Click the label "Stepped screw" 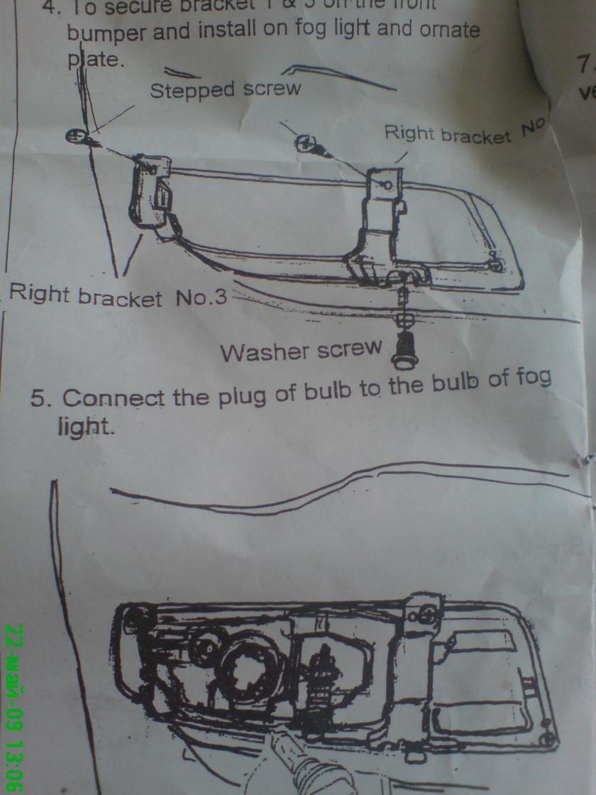tap(225, 89)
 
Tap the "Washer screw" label tap(301, 350)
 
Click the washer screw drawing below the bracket tap(404, 347)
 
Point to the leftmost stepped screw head tap(75, 135)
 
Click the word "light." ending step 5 tap(85, 427)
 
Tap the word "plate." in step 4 tap(96, 60)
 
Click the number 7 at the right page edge tap(585, 65)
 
